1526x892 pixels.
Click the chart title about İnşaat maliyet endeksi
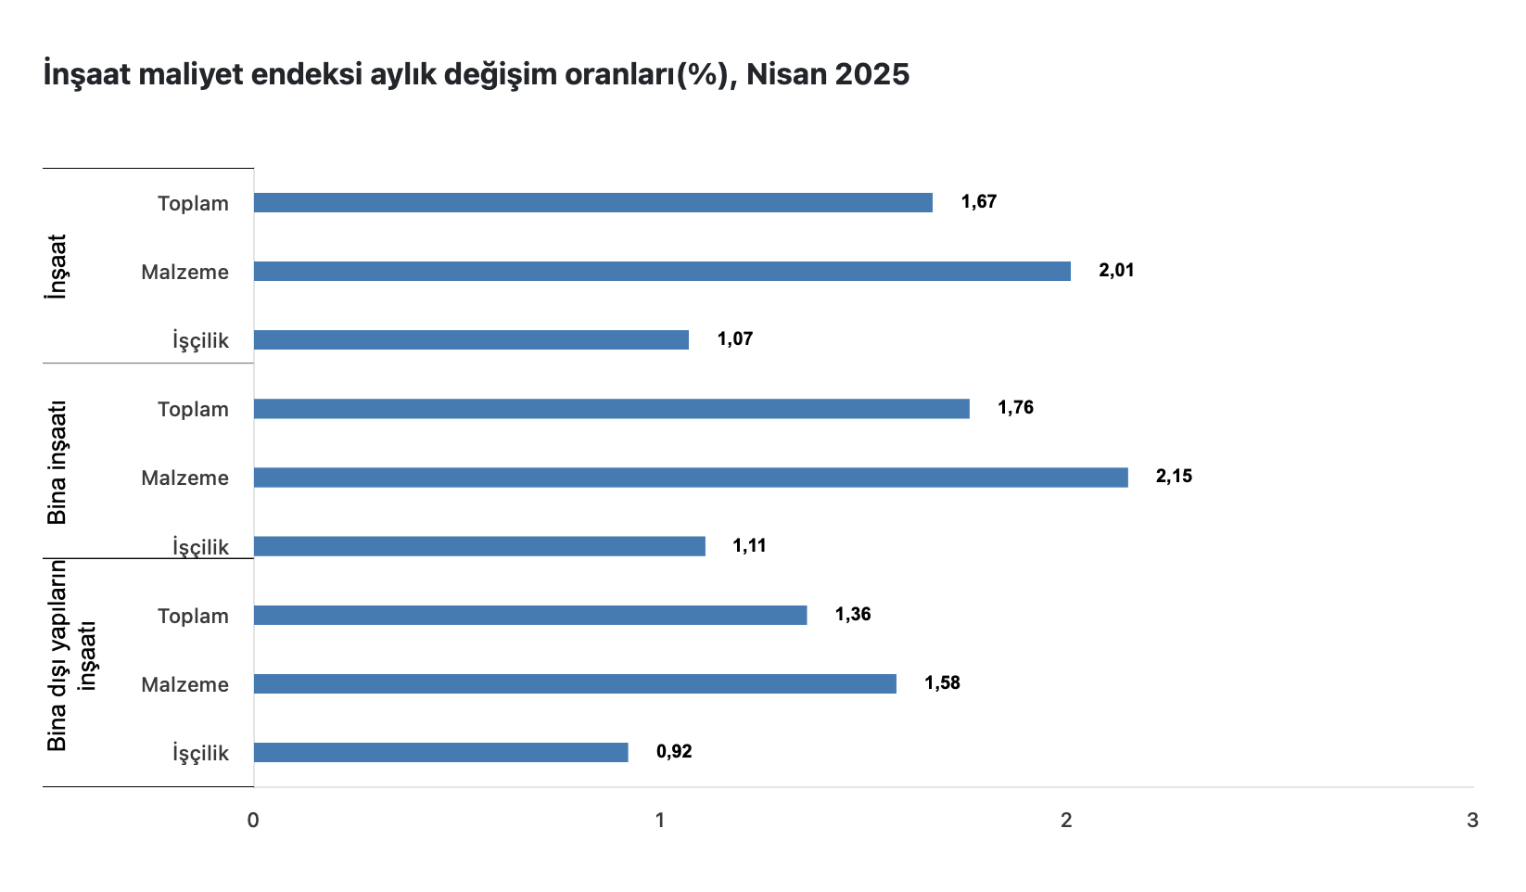click(477, 74)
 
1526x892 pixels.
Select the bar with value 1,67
click(593, 202)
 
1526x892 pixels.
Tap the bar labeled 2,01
click(662, 271)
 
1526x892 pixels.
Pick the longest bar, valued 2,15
click(691, 478)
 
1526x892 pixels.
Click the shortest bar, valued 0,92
click(440, 752)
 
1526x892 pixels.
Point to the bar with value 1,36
click(530, 615)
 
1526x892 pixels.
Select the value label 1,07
click(735, 339)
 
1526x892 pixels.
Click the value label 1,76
click(1015, 408)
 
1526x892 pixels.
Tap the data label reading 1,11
click(750, 545)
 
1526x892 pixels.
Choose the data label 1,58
click(942, 683)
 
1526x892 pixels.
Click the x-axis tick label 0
click(253, 821)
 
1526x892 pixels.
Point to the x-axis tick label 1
click(660, 821)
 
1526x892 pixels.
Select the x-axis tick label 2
click(1066, 821)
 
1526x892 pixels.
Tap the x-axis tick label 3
click(1472, 821)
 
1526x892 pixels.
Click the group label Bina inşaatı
click(57, 462)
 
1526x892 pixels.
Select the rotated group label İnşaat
click(57, 266)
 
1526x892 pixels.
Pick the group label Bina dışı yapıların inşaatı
click(70, 655)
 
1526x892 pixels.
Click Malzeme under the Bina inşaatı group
click(184, 478)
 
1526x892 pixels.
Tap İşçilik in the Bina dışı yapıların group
click(200, 753)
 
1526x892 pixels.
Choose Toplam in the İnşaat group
click(193, 204)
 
